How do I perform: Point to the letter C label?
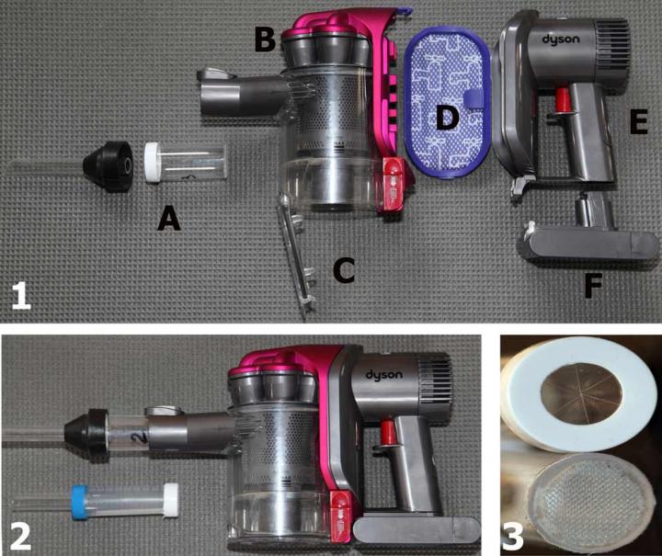point(342,271)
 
